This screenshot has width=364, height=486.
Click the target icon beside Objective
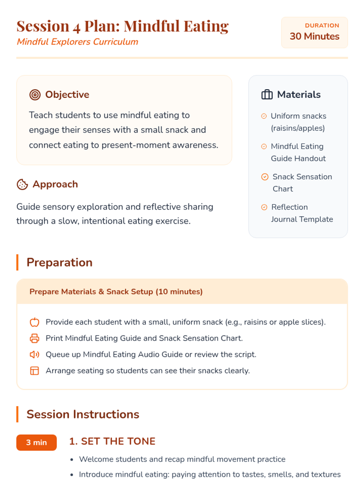click(x=35, y=95)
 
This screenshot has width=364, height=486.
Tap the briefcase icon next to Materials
click(x=267, y=95)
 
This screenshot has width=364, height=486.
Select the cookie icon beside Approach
click(x=22, y=184)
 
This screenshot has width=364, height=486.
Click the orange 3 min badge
click(x=36, y=442)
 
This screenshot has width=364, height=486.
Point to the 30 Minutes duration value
click(x=314, y=36)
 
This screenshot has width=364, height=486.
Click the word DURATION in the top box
click(x=322, y=26)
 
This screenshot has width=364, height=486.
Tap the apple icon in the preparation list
click(x=35, y=322)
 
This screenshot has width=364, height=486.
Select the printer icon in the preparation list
click(x=35, y=338)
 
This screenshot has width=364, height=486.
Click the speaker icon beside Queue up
click(x=35, y=354)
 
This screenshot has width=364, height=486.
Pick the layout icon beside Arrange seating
click(x=35, y=371)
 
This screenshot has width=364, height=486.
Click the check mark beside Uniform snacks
click(x=264, y=116)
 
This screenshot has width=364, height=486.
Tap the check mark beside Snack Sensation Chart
click(x=265, y=177)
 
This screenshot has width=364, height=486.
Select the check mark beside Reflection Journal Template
click(x=264, y=207)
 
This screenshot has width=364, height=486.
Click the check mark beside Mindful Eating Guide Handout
click(x=264, y=146)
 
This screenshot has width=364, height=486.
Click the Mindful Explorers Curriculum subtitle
click(x=77, y=42)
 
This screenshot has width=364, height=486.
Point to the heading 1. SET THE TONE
click(x=112, y=441)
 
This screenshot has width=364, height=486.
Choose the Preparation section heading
click(x=59, y=262)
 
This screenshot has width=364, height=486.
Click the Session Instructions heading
click(x=83, y=414)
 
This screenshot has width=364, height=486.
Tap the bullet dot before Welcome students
click(x=72, y=460)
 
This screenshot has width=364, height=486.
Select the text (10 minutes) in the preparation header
click(x=179, y=292)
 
